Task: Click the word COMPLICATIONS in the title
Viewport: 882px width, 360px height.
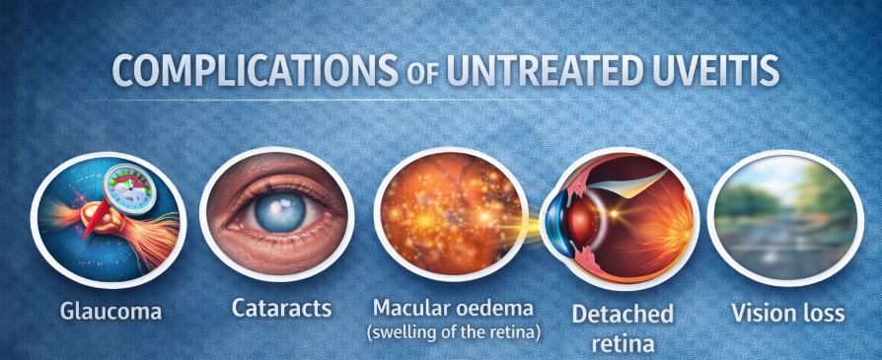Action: click(x=254, y=70)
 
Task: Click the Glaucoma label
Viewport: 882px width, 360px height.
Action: click(x=110, y=311)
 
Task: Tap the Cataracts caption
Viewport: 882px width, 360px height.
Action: click(x=282, y=308)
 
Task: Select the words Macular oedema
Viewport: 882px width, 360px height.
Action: click(x=453, y=308)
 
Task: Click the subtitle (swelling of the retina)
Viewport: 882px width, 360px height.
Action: click(x=454, y=331)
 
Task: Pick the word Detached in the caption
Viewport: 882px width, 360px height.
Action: click(x=623, y=314)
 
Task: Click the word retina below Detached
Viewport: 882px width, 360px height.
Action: click(x=623, y=341)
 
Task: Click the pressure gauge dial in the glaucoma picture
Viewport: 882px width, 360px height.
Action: click(x=129, y=189)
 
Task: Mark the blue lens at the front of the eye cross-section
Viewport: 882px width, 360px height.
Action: click(x=556, y=221)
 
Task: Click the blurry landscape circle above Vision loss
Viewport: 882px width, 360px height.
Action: click(x=784, y=218)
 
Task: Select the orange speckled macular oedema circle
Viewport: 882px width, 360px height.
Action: click(x=451, y=218)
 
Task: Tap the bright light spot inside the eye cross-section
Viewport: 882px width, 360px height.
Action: click(x=613, y=214)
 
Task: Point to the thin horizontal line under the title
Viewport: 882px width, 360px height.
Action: click(x=331, y=101)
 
